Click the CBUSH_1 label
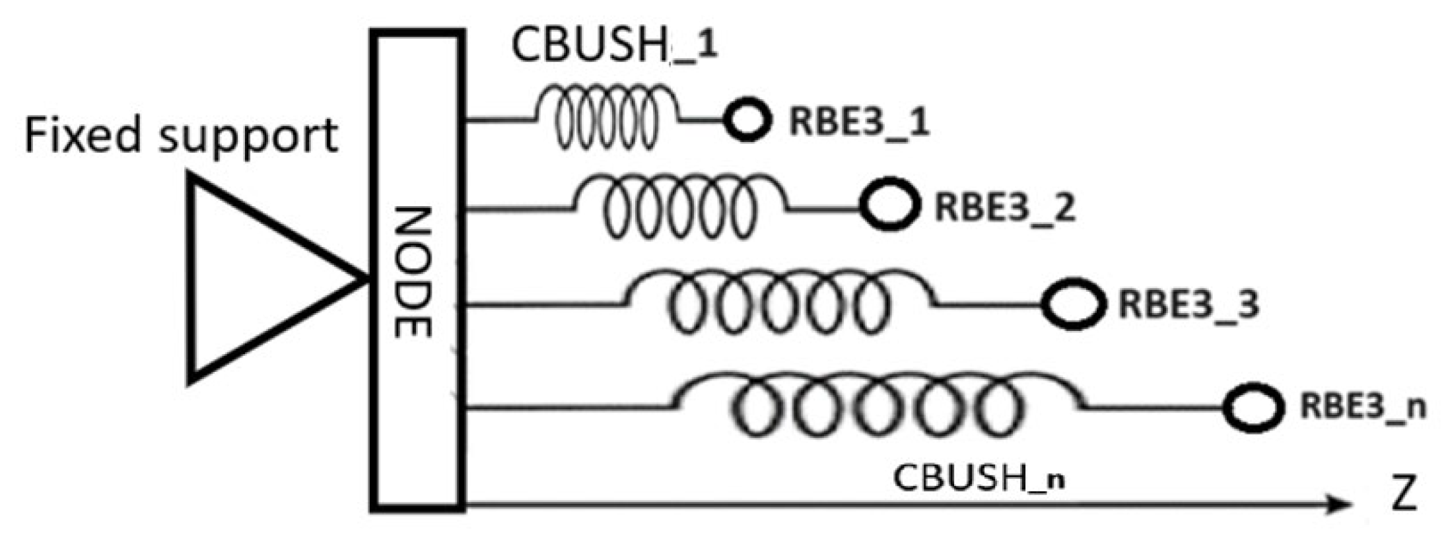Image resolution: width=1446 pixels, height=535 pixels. coord(614,46)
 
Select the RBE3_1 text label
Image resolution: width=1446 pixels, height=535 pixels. coord(859,122)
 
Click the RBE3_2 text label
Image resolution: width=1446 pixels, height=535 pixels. coord(1004,207)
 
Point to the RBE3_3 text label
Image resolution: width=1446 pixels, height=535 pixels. coord(1188,304)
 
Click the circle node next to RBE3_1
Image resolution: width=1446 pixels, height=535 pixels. coord(747,120)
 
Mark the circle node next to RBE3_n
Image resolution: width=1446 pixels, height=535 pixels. coord(1253,408)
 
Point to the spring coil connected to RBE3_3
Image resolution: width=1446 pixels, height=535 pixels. coord(779,301)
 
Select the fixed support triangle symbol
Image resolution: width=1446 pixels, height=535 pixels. coord(258,277)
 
